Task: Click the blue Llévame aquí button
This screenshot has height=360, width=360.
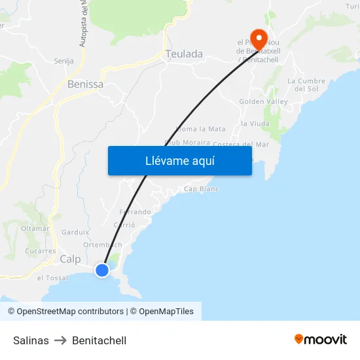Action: point(180,160)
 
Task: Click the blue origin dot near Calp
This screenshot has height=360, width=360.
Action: point(102,270)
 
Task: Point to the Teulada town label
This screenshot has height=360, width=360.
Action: point(185,54)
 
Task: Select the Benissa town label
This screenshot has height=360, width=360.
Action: point(85,84)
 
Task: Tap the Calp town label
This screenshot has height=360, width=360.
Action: point(70,260)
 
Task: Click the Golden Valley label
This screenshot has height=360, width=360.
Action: point(263,102)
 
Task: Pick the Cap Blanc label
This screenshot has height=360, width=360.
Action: point(201,189)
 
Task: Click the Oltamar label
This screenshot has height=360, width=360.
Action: point(35,228)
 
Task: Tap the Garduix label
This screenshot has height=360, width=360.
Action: point(75,232)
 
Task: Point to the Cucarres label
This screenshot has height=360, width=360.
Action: point(41,251)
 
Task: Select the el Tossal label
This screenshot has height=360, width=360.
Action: point(52,278)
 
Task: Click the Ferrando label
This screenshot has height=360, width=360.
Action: point(135,212)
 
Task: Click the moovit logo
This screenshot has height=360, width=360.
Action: point(321,340)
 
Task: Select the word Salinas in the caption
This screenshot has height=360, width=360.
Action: point(31,340)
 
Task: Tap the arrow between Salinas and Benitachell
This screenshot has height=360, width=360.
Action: point(60,340)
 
